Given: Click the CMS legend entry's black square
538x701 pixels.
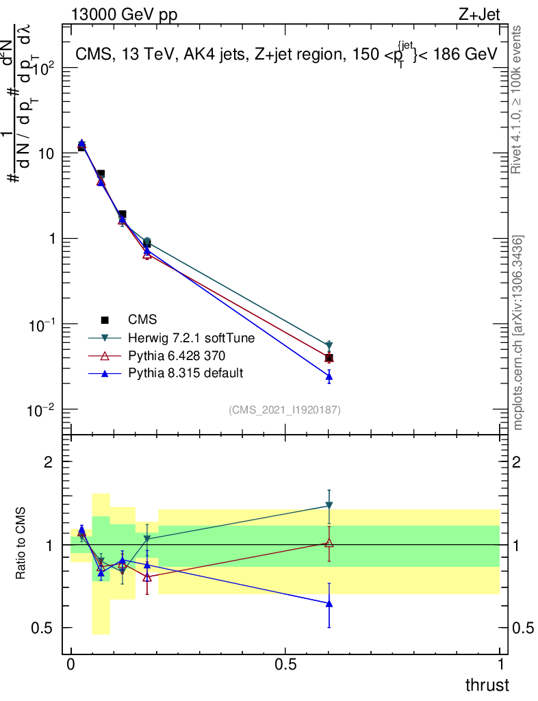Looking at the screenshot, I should coord(105,319).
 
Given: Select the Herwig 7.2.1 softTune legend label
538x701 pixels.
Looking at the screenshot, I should coord(192,337).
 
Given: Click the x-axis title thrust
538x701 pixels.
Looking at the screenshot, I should coord(487,685).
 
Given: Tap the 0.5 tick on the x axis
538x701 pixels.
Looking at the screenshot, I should coord(285,665).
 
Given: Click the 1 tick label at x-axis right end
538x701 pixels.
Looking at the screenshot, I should coord(500,665).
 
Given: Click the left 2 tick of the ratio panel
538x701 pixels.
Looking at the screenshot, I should coord(49,462).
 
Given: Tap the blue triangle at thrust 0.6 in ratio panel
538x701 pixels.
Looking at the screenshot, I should coord(329,604).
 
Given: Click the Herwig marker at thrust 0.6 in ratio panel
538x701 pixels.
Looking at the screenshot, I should coord(329,505).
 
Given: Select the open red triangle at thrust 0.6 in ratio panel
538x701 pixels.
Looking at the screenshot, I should coord(329,543).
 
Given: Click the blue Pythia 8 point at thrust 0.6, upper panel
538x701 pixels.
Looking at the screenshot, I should coord(329,377).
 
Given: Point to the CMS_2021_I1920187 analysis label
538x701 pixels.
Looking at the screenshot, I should coord(285,409).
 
